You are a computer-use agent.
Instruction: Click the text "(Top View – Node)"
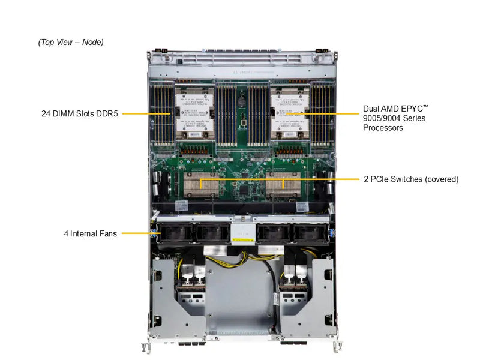[x=71, y=42]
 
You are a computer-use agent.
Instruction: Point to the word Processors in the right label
[x=383, y=128]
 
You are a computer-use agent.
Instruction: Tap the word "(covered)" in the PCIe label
[x=440, y=179]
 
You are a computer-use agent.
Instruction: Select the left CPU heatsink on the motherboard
[x=191, y=114]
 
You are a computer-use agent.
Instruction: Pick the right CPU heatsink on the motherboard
[x=289, y=114]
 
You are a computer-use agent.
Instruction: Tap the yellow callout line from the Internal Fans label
[x=135, y=233]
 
